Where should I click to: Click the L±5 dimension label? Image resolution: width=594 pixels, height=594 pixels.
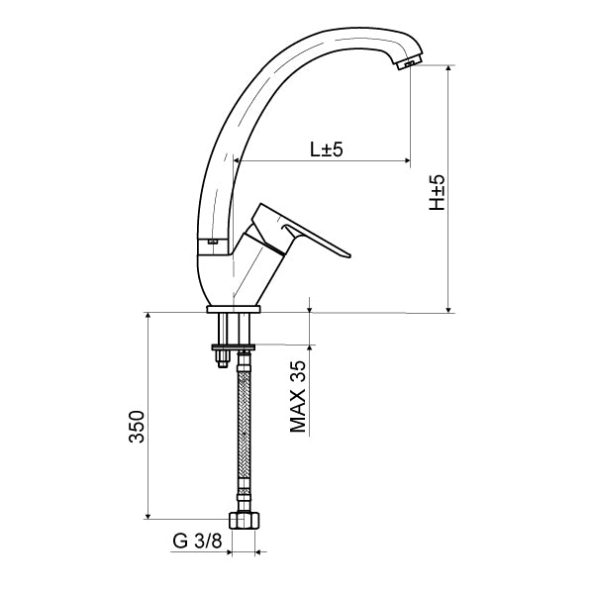pos(327,149)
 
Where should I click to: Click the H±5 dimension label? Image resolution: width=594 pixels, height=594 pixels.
pos(437,192)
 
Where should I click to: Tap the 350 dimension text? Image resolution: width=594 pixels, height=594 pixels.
pos(137,426)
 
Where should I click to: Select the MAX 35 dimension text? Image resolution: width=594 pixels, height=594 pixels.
pos(298,397)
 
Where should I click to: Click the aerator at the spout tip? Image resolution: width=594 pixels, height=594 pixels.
pos(408,62)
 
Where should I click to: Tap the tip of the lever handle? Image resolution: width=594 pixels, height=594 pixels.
pos(349,255)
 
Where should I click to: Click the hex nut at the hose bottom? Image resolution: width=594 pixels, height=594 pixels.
pos(245,520)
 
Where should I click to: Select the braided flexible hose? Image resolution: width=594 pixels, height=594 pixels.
pos(244,431)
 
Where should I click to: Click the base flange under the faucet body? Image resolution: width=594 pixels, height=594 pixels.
pos(234,309)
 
